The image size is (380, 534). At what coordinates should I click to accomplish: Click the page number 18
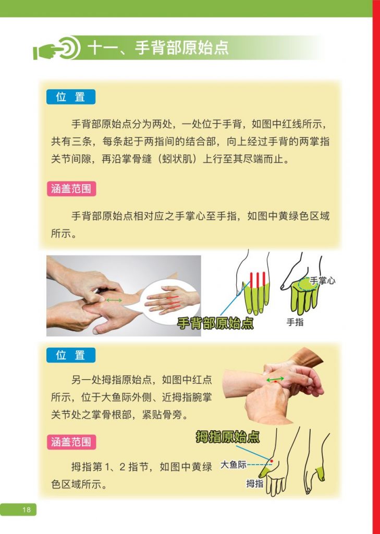[26, 509]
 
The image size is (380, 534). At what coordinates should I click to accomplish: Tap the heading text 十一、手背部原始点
[157, 47]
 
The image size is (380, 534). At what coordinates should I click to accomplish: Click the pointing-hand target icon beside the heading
[56, 48]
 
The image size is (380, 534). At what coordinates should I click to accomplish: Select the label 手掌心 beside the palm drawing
[322, 280]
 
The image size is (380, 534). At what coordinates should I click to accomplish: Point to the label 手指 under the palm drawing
[295, 322]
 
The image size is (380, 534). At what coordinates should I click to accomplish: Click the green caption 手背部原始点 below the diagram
[215, 323]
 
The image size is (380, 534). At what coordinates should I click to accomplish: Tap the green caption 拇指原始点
[228, 436]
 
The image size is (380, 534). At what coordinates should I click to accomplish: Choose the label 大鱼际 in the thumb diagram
[233, 465]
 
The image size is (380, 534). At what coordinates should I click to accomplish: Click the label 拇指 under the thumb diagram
[255, 483]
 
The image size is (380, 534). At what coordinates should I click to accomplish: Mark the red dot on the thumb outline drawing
[272, 461]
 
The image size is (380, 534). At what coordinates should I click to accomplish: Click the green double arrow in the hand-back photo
[114, 300]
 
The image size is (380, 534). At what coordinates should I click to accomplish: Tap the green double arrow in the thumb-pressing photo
[275, 379]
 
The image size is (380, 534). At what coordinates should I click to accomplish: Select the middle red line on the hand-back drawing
[258, 280]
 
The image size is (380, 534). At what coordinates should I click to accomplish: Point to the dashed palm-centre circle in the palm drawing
[308, 284]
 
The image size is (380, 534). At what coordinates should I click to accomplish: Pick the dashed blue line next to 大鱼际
[259, 465]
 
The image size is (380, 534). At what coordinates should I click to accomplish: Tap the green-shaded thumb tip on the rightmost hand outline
[320, 472]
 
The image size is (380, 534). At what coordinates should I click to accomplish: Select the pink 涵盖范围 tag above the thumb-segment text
[71, 442]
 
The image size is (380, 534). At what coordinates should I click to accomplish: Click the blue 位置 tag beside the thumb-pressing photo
[71, 355]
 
